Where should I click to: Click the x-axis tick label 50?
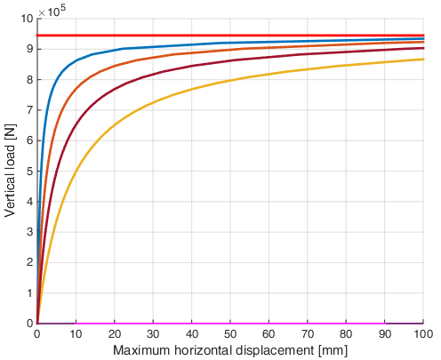230,334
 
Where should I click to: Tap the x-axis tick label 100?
423,334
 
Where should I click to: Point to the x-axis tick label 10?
76,334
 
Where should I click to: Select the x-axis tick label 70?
308,334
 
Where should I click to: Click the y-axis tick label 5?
29,172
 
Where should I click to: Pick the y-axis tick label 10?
27,19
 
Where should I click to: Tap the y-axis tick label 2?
29,262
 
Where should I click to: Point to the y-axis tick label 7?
29,110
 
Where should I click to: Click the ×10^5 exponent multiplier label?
52,12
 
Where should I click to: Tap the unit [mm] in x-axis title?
333,351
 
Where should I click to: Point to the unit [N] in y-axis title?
11,132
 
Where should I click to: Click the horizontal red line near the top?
230,36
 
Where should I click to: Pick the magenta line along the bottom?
230,324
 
